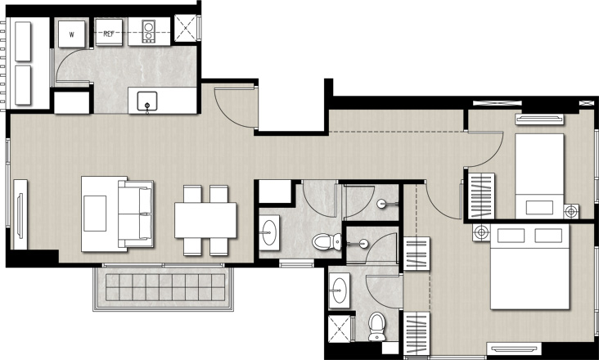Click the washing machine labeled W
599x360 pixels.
[72, 34]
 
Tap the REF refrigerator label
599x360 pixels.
[109, 34]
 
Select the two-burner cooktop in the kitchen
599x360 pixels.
[149, 31]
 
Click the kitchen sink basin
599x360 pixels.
[147, 101]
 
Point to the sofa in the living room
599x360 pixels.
[136, 214]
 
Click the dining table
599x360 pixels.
[205, 220]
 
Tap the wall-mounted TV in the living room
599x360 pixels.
[20, 215]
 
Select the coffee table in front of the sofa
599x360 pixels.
[95, 214]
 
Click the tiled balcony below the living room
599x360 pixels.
[163, 289]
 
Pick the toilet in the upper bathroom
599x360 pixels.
[327, 241]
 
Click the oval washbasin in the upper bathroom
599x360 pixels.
[270, 232]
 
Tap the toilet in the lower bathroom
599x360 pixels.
[377, 326]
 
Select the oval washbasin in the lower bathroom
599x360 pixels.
[340, 290]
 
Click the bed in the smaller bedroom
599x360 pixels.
[539, 176]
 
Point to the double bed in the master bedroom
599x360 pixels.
[530, 267]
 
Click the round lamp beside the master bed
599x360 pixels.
[481, 232]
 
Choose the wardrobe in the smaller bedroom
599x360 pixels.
[481, 196]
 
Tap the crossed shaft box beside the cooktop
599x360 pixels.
[186, 28]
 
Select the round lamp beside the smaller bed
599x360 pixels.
[571, 211]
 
